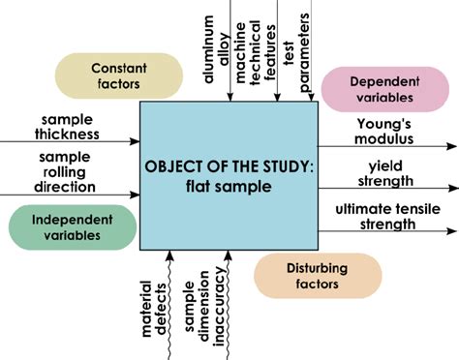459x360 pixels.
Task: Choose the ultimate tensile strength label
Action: coord(388,216)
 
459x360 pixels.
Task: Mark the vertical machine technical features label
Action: coord(262,48)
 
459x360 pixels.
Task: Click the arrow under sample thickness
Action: coord(70,141)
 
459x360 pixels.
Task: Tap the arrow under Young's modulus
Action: coord(387,146)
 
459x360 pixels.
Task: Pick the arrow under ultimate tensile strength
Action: coord(387,232)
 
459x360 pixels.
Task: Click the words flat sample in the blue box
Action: coord(229,188)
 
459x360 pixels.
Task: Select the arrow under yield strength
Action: coord(387,189)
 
